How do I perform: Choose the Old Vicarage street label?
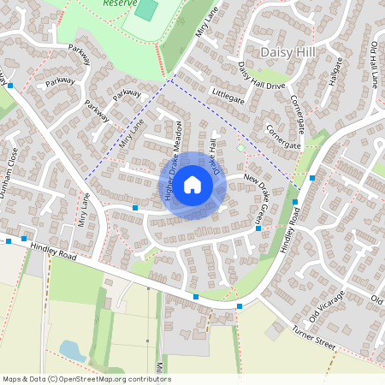327,307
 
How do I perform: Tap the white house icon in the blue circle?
192,185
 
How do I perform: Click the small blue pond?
72,350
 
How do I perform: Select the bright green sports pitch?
146,10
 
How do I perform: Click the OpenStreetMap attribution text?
86,379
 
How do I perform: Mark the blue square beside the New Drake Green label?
258,228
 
